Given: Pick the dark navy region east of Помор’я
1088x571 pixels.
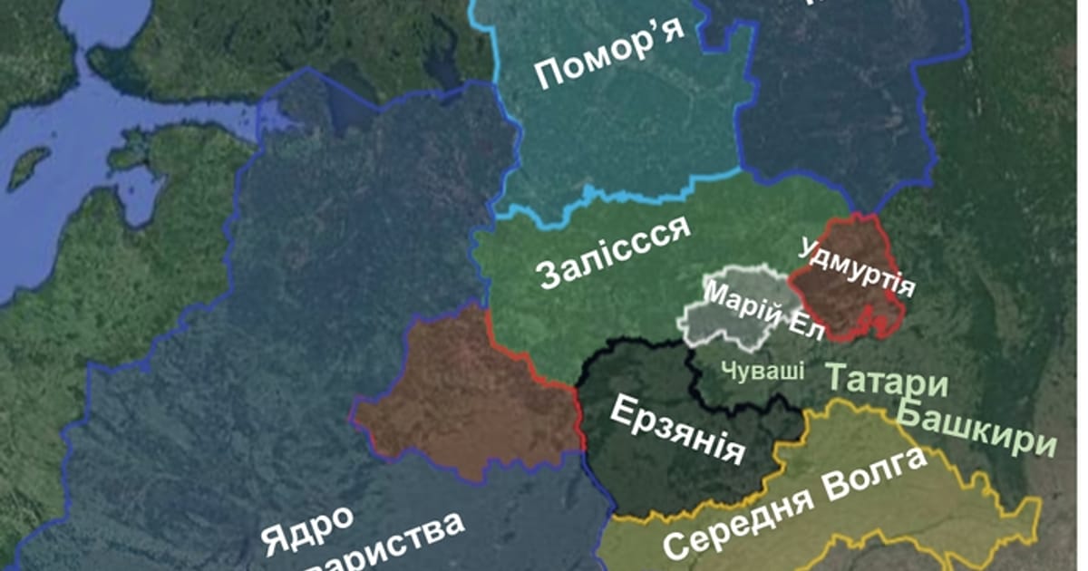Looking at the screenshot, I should (x=843, y=100).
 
